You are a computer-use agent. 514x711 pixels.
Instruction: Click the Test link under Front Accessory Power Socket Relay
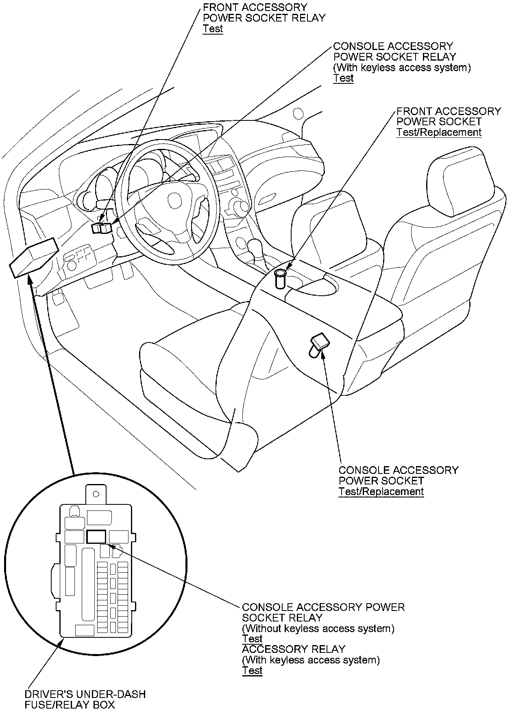pyautogui.click(x=213, y=29)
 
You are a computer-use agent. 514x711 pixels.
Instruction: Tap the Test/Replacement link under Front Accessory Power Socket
pyautogui.click(x=439, y=133)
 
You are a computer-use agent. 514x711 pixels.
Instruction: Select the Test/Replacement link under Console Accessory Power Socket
pyautogui.click(x=381, y=491)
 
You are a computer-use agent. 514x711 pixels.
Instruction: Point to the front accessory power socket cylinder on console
pyautogui.click(x=280, y=278)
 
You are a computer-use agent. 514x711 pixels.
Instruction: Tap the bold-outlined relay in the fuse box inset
pyautogui.click(x=96, y=537)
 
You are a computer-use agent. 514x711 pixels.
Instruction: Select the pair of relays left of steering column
pyautogui.click(x=102, y=228)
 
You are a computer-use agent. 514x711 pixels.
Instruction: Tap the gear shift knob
pyautogui.click(x=255, y=246)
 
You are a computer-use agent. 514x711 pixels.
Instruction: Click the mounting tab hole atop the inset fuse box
pyautogui.click(x=96, y=494)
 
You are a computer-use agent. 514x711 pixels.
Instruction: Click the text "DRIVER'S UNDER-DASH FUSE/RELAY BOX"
pyautogui.click(x=85, y=699)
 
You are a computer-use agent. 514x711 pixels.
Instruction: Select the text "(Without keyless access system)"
pyautogui.click(x=318, y=628)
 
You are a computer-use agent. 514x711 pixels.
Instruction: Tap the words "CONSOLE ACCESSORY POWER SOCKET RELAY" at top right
pyautogui.click(x=394, y=51)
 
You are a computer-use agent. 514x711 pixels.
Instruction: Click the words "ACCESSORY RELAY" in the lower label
pyautogui.click(x=293, y=649)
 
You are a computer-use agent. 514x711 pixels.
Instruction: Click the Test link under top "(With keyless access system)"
pyautogui.click(x=343, y=79)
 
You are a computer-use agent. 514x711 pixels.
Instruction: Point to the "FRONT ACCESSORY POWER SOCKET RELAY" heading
pyautogui.click(x=264, y=13)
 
